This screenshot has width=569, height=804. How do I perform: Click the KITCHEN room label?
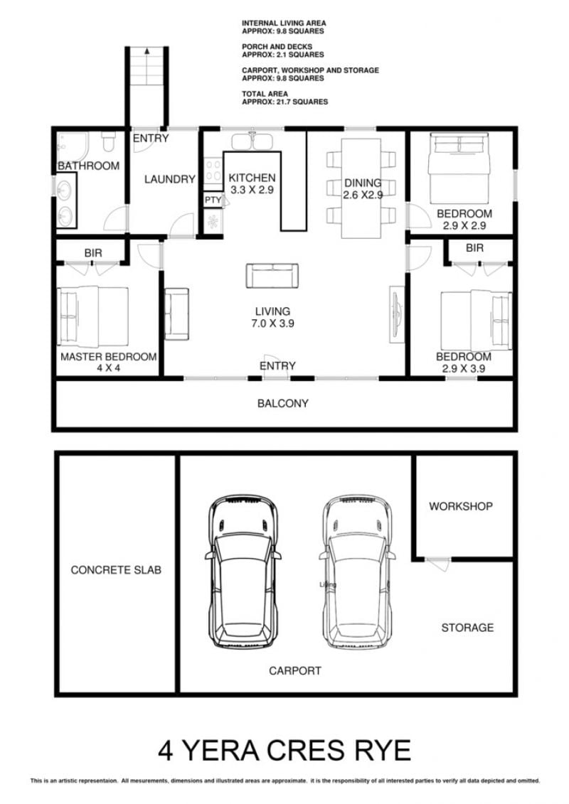(x=252, y=178)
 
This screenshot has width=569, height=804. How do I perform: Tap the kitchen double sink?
(x=251, y=141)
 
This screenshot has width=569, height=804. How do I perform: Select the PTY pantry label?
(x=213, y=200)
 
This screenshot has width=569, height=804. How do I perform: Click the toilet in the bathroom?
(x=107, y=141)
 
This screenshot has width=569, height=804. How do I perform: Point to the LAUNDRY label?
(x=170, y=179)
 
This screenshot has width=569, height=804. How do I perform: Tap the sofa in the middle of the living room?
(x=272, y=276)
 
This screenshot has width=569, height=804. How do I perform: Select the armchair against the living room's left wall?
(x=176, y=313)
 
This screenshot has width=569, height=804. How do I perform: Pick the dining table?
(x=361, y=188)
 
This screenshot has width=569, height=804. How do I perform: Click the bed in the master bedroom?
(x=93, y=316)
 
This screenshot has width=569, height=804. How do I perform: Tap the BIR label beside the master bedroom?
(x=93, y=253)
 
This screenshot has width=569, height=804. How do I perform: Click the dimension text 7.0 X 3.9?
(x=272, y=323)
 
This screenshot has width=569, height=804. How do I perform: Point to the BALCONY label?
(x=282, y=403)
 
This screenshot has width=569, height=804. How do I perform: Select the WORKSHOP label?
(x=461, y=506)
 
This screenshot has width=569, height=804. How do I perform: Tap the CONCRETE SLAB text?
(x=116, y=569)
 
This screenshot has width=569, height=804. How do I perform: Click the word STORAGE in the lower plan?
(x=467, y=627)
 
